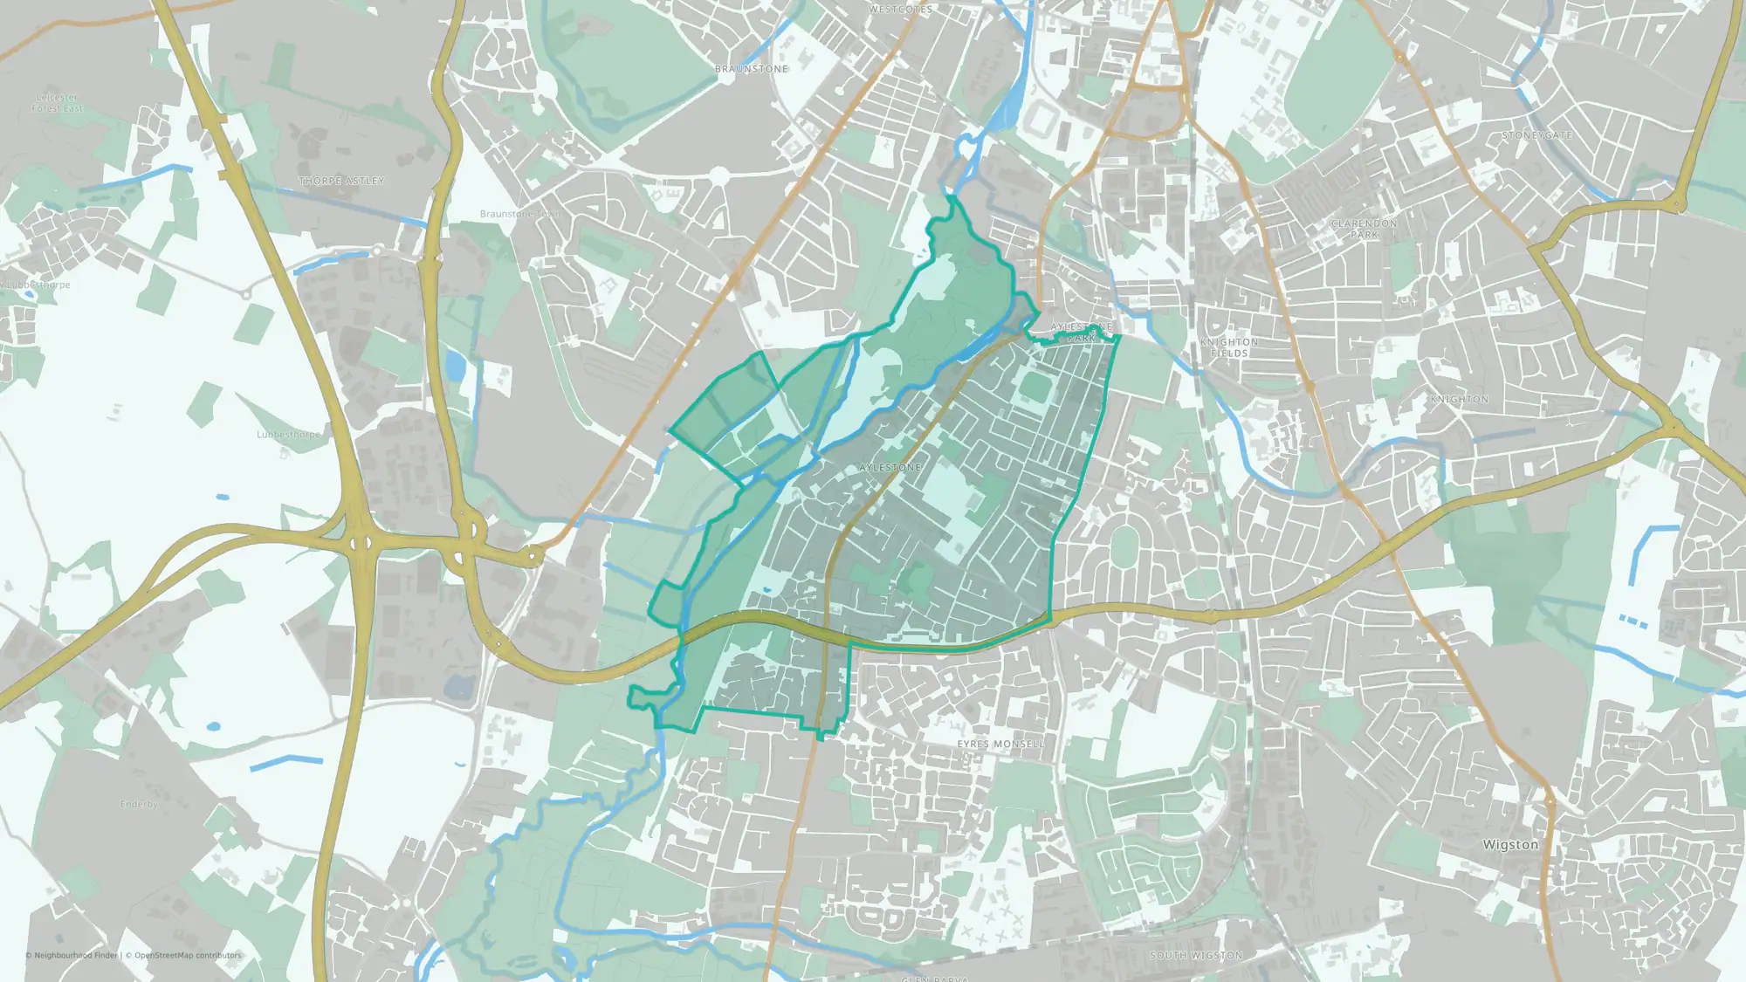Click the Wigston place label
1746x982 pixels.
point(1510,845)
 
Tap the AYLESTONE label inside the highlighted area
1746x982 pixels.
point(890,468)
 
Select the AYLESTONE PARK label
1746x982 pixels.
point(1082,332)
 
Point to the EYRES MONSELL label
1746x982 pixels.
point(1000,744)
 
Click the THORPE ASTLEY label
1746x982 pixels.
point(341,181)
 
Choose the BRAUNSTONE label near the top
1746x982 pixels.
point(751,69)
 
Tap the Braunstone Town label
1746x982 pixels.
point(519,214)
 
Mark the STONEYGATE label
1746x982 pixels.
point(1536,135)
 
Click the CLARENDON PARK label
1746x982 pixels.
point(1364,229)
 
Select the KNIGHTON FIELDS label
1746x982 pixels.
point(1229,347)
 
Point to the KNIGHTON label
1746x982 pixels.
point(1459,399)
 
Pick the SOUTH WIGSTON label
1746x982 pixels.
point(1196,956)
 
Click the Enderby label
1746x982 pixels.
point(139,804)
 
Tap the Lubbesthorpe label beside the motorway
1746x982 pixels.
point(288,434)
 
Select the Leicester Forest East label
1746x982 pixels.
point(58,103)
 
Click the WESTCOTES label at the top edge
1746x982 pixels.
point(901,10)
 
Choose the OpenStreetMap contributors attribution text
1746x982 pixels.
point(187,955)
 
